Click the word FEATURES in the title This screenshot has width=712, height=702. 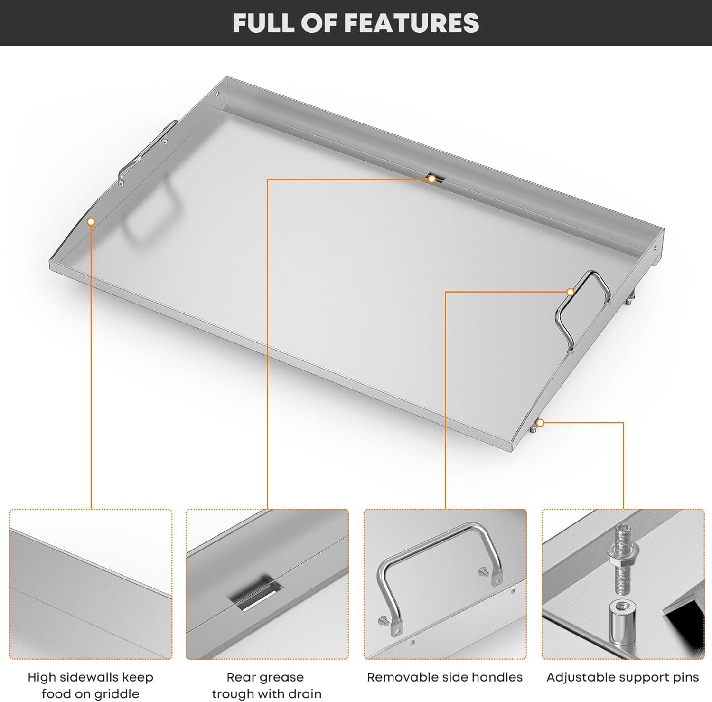[411, 23]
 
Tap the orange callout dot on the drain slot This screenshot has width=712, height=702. [431, 179]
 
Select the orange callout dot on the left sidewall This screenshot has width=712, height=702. [91, 221]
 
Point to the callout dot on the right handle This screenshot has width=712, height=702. [571, 292]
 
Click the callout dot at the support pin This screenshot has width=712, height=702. [540, 422]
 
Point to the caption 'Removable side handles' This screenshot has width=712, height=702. [445, 677]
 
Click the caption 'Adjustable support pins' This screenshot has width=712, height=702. [622, 677]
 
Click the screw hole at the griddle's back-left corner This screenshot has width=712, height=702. [218, 94]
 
